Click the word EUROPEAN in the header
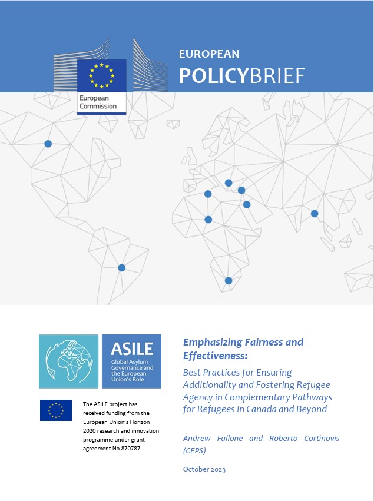[209, 54]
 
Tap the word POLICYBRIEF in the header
[242, 75]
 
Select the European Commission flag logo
[101, 75]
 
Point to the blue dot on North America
[48, 144]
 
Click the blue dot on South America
[121, 268]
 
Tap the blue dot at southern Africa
[229, 281]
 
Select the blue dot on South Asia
[315, 213]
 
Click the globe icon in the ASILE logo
[68, 361]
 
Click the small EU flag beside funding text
[56, 410]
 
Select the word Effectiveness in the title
[216, 356]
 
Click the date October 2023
[204, 469]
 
